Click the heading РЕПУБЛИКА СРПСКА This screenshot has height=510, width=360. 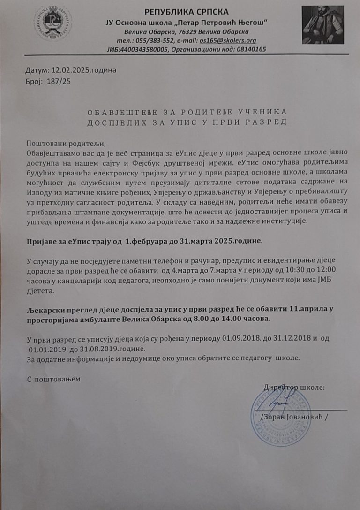(186, 12)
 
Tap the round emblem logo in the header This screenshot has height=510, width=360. (52, 23)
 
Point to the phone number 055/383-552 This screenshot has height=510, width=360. (155, 41)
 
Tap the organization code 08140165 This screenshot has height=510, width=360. (248, 49)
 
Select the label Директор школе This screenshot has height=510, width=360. (294, 388)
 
